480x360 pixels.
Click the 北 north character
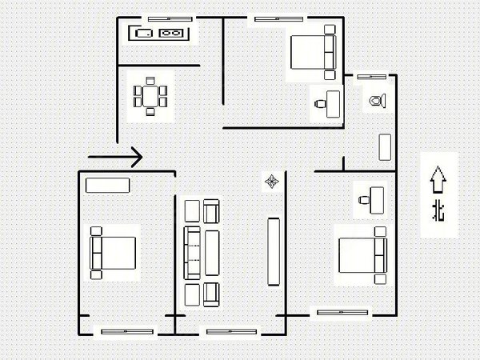(x=438, y=210)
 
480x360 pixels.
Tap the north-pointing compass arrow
(x=438, y=179)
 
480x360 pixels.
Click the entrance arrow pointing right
(x=115, y=157)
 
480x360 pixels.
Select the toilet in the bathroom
(x=377, y=101)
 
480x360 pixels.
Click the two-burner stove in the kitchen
(x=170, y=33)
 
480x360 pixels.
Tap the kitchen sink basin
(x=144, y=33)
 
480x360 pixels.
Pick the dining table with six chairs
(x=150, y=97)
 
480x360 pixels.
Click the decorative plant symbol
(x=272, y=182)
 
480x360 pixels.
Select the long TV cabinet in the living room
(x=274, y=252)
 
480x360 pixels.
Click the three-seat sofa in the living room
(x=192, y=253)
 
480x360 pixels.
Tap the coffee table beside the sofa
(x=212, y=253)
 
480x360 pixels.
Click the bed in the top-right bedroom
(x=313, y=52)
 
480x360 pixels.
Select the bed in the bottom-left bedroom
(x=113, y=253)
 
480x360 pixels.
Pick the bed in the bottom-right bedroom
(x=362, y=255)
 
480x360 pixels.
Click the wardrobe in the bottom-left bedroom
(x=107, y=186)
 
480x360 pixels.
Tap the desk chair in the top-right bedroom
(x=320, y=104)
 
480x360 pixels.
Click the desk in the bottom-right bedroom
(x=377, y=200)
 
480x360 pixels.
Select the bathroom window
(x=372, y=77)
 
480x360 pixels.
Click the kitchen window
(x=170, y=19)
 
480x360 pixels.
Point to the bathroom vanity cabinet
(x=385, y=147)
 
